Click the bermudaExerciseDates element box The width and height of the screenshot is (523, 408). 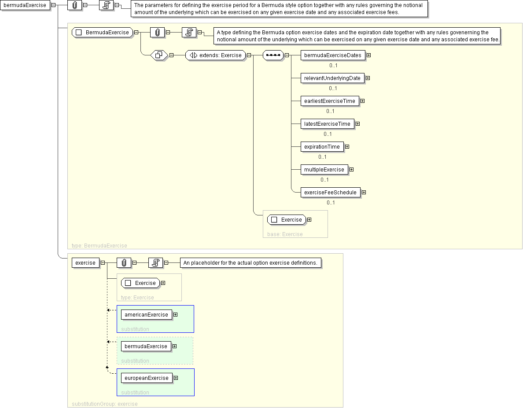click(333, 55)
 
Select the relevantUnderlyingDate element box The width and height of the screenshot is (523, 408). click(332, 78)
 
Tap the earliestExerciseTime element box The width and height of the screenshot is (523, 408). click(330, 101)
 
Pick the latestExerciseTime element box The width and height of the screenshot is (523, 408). click(328, 124)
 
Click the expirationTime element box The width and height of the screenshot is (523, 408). click(322, 147)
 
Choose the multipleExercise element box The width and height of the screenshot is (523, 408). click(324, 170)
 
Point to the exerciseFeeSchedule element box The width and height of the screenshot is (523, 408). click(331, 193)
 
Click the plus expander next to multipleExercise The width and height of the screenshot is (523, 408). click(352, 170)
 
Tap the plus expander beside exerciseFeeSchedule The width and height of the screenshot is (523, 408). click(364, 193)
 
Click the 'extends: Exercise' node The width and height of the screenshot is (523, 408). click(215, 55)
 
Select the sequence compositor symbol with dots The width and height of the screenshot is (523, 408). click(273, 55)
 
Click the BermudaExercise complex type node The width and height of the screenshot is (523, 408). click(103, 32)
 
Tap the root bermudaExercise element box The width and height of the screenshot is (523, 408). click(25, 5)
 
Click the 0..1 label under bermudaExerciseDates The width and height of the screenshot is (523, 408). click(333, 66)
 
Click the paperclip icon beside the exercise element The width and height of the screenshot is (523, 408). click(124, 263)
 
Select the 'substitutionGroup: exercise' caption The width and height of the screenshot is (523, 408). click(105, 404)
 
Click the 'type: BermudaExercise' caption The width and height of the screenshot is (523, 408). click(99, 246)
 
